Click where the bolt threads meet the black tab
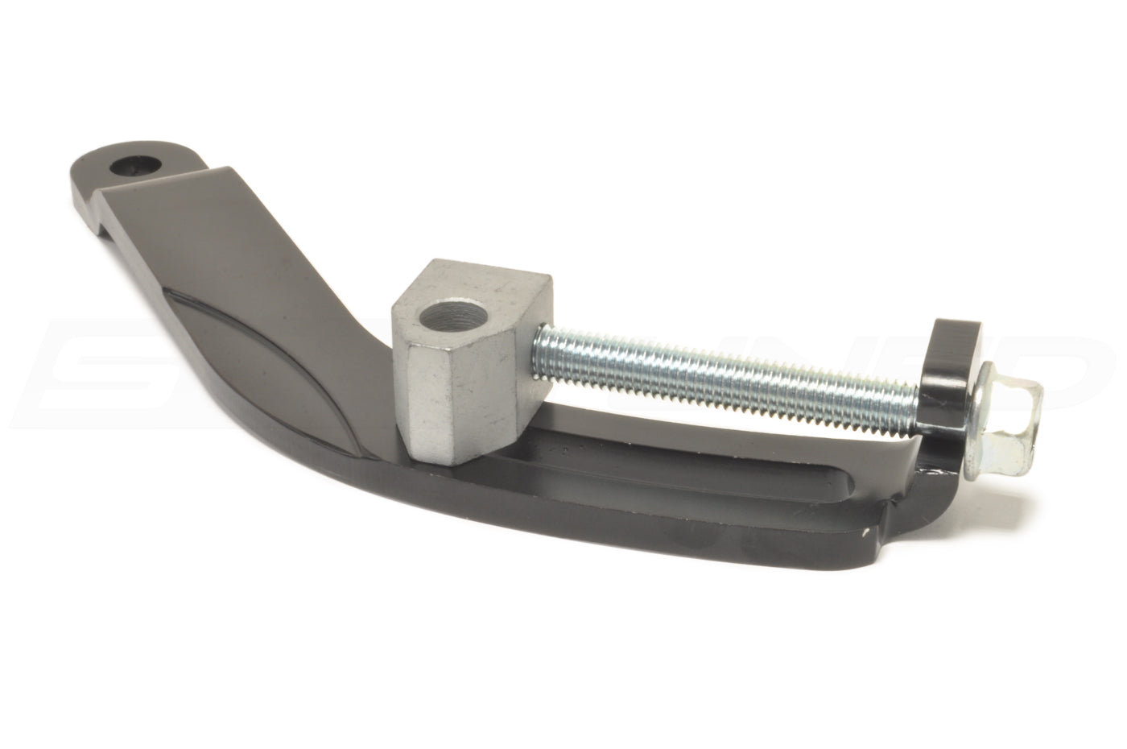click(918, 395)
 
